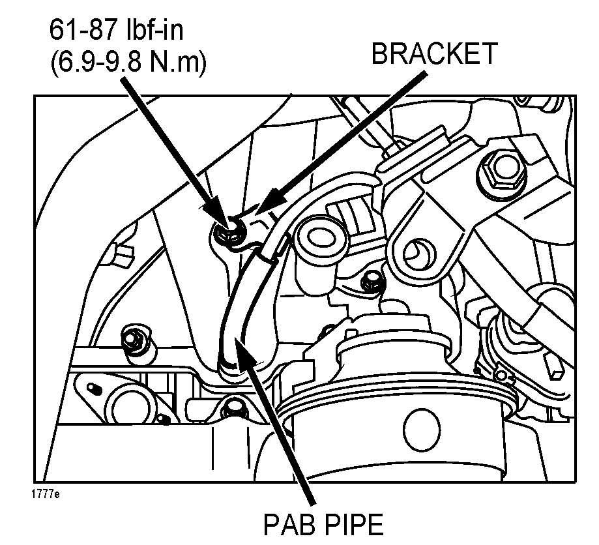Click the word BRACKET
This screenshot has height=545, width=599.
[434, 53]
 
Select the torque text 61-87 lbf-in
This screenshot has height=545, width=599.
[116, 30]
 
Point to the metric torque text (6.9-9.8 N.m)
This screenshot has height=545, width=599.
[128, 63]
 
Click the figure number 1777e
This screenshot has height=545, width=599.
[46, 493]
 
